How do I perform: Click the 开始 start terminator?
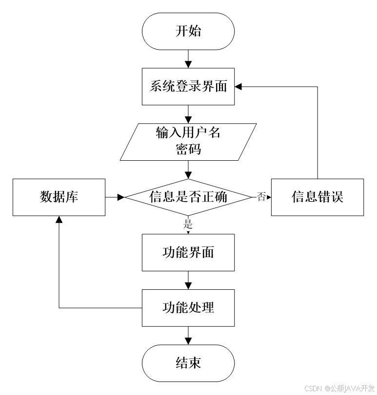(188, 31)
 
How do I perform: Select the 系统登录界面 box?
(188, 87)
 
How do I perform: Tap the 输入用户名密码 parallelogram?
(188, 141)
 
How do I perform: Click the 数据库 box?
(59, 197)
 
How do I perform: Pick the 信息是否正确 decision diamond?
(188, 197)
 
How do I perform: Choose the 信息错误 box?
(317, 197)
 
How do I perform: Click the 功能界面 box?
(188, 252)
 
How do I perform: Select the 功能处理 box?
(188, 308)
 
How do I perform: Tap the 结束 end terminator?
(188, 363)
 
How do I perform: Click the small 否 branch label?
(261, 197)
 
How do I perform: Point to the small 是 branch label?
(188, 225)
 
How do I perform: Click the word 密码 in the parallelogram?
(188, 149)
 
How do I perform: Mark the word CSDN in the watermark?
(313, 388)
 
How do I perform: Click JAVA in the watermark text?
(352, 388)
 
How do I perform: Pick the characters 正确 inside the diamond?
(214, 197)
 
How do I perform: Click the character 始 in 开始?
(194, 31)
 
